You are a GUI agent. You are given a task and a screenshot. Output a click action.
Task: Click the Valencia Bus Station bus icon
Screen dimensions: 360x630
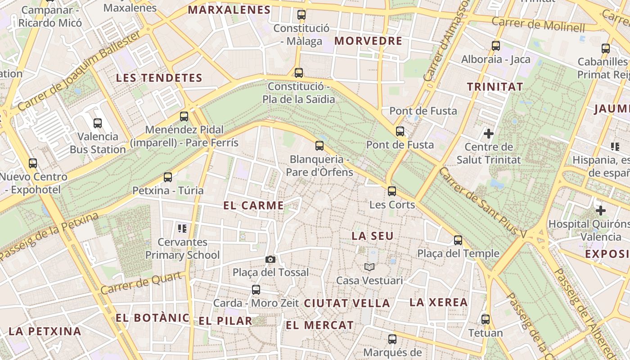[x=98, y=123]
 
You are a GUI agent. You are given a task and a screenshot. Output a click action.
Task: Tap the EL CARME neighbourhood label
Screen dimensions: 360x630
[x=253, y=206]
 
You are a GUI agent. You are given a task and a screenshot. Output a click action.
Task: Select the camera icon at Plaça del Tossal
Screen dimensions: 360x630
[x=270, y=259]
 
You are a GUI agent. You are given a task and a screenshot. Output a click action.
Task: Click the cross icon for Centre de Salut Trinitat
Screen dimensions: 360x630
[x=488, y=134]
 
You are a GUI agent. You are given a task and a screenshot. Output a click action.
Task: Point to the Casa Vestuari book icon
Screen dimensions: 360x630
[x=369, y=267]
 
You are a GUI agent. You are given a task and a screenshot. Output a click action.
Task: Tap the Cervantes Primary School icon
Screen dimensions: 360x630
[x=182, y=229]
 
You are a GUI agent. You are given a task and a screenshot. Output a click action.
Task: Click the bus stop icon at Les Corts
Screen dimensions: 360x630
[x=392, y=191]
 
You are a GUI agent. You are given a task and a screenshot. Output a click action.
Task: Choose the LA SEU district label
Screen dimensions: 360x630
[x=372, y=236]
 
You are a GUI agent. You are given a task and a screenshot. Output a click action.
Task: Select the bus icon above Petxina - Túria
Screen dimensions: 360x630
[x=168, y=177]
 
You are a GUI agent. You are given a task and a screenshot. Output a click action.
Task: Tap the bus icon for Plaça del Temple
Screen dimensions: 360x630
[x=458, y=240]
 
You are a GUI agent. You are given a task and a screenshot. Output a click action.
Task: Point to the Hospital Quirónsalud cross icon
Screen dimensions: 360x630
[x=600, y=210]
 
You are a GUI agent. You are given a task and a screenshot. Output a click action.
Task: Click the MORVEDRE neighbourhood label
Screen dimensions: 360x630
[x=368, y=41]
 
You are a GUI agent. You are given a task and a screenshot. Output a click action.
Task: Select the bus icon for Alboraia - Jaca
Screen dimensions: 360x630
[x=495, y=45]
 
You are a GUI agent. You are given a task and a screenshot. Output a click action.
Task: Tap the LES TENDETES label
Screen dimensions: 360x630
[x=159, y=78]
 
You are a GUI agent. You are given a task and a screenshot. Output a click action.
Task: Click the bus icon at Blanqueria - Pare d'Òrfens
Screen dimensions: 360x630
[x=319, y=145]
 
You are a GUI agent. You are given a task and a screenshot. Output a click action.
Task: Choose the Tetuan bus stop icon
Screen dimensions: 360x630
[x=485, y=319]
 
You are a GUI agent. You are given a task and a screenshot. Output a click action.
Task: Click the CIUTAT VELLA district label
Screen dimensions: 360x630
[x=347, y=303]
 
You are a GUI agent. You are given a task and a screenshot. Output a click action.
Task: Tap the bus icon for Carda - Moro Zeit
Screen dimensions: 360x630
[x=256, y=290]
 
